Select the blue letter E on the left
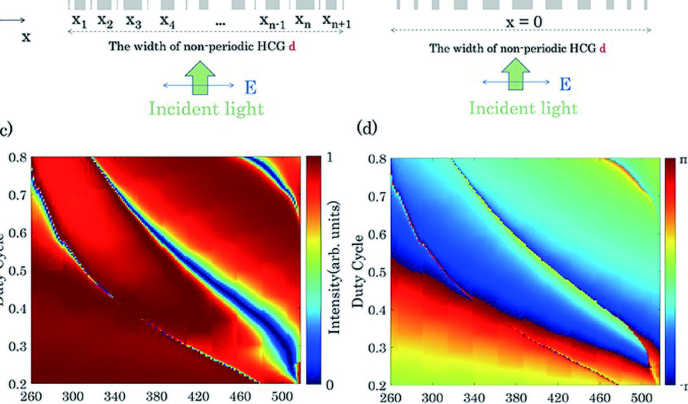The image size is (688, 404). [x=250, y=88]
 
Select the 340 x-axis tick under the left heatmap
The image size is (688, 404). [x=114, y=396]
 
